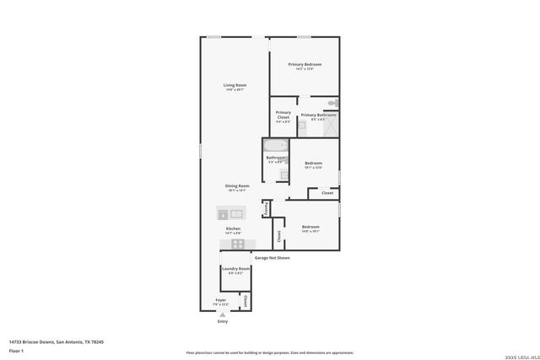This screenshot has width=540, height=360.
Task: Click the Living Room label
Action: pos(235,85)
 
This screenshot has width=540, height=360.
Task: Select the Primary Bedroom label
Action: pos(305,65)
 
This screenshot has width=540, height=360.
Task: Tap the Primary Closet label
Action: pos(283,115)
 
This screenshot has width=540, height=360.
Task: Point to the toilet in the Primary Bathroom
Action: pos(333,103)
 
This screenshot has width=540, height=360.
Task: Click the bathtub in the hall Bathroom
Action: pos(277,146)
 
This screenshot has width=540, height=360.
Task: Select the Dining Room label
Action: pos(237,186)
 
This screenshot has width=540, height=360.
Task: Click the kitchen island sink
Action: pos(236,213)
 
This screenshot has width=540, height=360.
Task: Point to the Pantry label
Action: pos(266,207)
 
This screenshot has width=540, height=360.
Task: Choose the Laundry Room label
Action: pos(236,269)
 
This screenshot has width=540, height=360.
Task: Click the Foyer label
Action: pos(220,299)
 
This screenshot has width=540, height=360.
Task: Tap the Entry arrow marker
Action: pos(223,314)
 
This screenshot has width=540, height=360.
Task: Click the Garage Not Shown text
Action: pos(272,258)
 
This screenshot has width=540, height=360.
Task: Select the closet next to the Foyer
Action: pos(245,300)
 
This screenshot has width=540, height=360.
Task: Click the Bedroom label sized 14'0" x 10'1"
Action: pos(310,227)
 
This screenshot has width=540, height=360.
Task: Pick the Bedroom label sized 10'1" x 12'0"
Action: pos(313,164)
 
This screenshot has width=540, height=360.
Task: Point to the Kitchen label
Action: pos(234,229)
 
